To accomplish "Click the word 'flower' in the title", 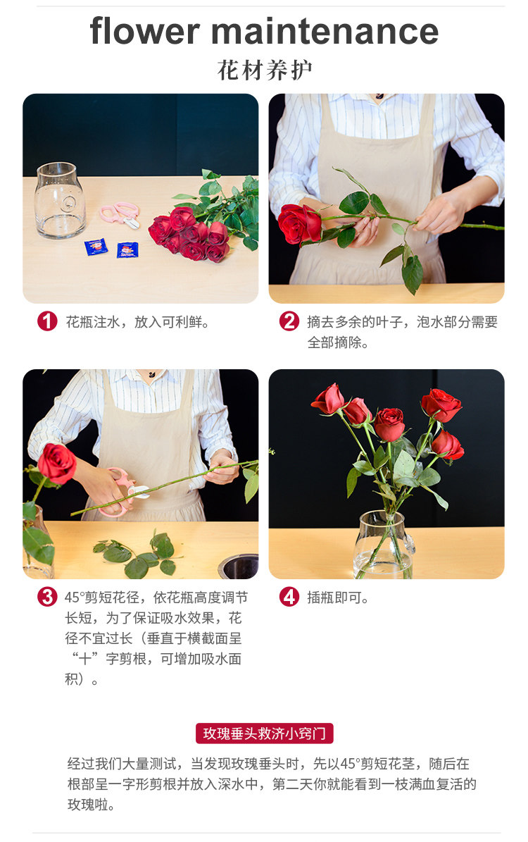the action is coord(144,30).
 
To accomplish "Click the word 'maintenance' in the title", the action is coord(325,31).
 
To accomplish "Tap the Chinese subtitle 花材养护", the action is coord(264,70).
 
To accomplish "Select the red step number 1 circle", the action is coord(47,321).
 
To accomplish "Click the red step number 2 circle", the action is coord(289,321).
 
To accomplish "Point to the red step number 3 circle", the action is coord(47,597).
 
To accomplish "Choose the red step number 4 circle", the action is coord(289,597).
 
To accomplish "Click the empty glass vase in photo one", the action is coord(60,200).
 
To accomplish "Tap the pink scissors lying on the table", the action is coord(121,213).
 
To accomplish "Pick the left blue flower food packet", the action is coord(96,247).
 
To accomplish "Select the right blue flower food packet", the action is coord(127,249).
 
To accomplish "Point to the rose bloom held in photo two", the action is coord(299,223).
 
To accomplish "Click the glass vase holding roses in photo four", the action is coord(384,545).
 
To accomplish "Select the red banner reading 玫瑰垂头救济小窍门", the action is coord(264,733).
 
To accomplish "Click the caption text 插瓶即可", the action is coord(337,597).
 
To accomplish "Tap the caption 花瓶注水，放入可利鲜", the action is coord(137,322).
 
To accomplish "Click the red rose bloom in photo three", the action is coord(57,463).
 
